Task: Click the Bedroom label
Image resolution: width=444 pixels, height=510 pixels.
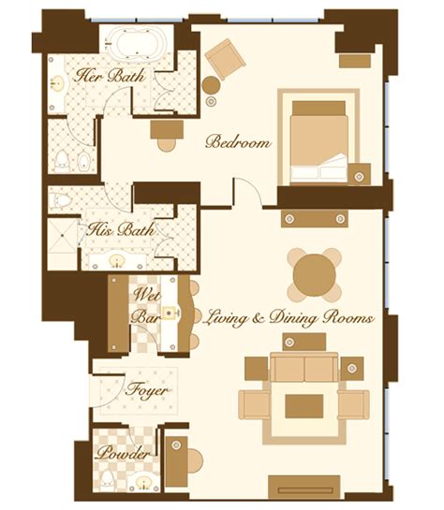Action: [238, 142]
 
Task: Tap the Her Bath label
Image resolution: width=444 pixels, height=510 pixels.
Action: [110, 76]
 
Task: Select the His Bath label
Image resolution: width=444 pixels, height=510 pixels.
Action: [121, 229]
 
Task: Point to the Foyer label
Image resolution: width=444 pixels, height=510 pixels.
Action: [147, 390]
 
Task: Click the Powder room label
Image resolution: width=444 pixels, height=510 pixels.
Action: [124, 453]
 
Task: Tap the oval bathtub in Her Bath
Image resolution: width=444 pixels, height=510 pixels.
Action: [136, 41]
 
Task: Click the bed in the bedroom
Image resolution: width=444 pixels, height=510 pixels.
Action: [319, 142]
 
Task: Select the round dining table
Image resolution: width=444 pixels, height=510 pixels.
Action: [314, 275]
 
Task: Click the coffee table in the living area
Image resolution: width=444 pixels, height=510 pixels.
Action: [304, 406]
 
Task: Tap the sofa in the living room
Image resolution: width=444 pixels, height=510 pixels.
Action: [304, 367]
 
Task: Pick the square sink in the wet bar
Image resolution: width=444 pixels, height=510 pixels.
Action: [169, 313]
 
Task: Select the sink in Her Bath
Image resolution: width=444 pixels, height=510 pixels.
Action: [58, 83]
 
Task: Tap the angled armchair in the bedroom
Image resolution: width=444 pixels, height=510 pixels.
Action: [225, 59]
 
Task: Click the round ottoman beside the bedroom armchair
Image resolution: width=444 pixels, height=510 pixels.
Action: [211, 85]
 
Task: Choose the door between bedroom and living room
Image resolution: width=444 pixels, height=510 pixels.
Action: [247, 192]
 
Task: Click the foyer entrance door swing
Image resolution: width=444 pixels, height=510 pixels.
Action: [108, 390]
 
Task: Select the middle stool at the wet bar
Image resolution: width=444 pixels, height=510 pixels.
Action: [197, 315]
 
